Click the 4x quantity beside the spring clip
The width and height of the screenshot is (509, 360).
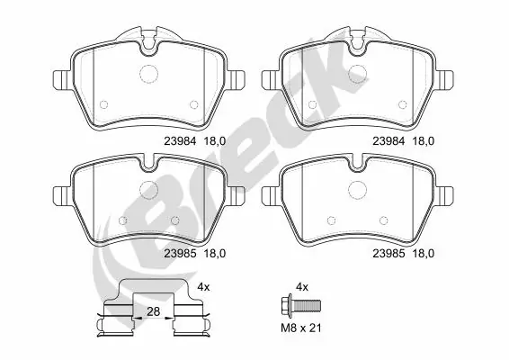[x=204, y=286]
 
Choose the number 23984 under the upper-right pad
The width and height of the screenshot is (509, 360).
[x=388, y=139]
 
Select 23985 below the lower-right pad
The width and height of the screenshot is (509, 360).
[x=388, y=255]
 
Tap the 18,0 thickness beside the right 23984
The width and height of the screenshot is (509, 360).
[x=424, y=139]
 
